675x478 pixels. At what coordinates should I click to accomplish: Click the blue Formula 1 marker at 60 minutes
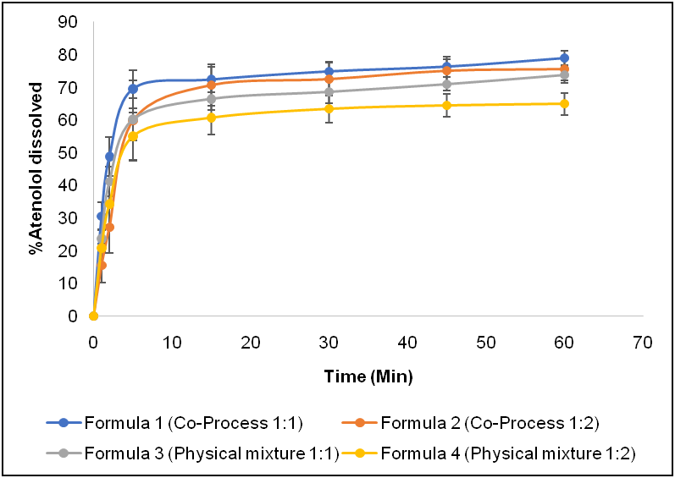point(564,58)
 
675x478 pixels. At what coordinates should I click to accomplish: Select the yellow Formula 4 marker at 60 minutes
point(564,103)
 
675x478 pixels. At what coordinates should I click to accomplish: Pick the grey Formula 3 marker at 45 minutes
point(446,84)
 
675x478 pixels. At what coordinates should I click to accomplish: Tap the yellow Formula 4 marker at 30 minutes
point(329,108)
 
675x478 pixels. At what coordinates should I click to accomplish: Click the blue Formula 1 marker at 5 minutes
point(133,88)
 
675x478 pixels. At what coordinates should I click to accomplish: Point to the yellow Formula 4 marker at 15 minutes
point(211,118)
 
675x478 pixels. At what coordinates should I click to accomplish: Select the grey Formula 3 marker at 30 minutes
point(329,91)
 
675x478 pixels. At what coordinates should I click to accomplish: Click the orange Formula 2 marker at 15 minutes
point(211,85)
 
